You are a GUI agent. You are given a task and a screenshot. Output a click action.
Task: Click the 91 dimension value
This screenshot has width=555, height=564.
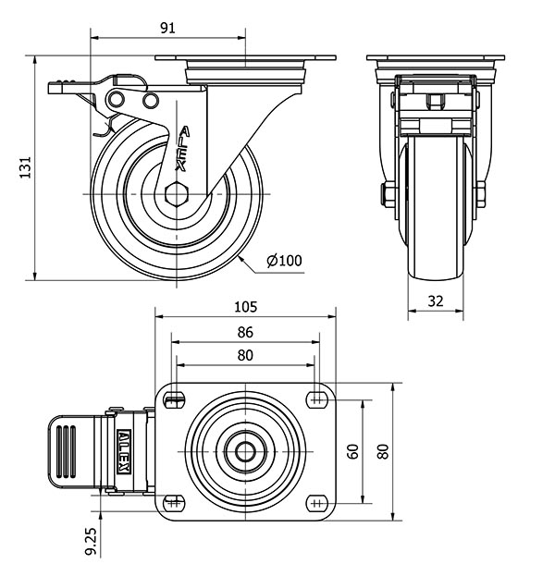[168, 28]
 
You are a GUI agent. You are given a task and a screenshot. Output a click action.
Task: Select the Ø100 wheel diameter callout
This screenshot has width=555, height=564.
[284, 261]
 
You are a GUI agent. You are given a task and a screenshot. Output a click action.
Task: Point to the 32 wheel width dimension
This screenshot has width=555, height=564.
[437, 301]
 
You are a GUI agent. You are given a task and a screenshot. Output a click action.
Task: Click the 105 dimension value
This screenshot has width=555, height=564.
[244, 306]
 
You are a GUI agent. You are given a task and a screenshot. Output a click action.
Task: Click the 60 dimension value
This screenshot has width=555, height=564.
[352, 451]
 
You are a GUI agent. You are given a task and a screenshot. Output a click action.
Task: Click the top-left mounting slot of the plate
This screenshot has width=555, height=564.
[172, 399]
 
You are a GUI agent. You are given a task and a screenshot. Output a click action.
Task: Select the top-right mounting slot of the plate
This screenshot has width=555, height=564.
[317, 399]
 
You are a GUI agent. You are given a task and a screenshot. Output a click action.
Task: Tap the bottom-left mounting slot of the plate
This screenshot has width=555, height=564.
[172, 503]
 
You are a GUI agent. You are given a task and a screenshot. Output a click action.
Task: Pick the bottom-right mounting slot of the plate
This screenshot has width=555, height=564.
[317, 503]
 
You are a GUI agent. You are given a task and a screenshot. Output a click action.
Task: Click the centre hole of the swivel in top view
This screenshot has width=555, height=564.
[244, 451]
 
